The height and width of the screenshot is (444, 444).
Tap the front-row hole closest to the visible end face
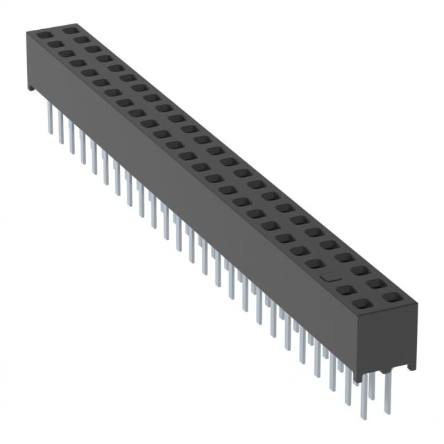pyautogui.click(x=361, y=303)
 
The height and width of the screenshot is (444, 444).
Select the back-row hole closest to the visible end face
pyautogui.click(x=392, y=298)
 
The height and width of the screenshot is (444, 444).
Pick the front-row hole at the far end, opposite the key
pyautogui.click(x=43, y=35)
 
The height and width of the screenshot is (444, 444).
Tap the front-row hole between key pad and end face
pyautogui.click(x=346, y=289)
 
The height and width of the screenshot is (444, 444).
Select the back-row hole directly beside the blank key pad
pyautogui.click(x=361, y=271)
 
